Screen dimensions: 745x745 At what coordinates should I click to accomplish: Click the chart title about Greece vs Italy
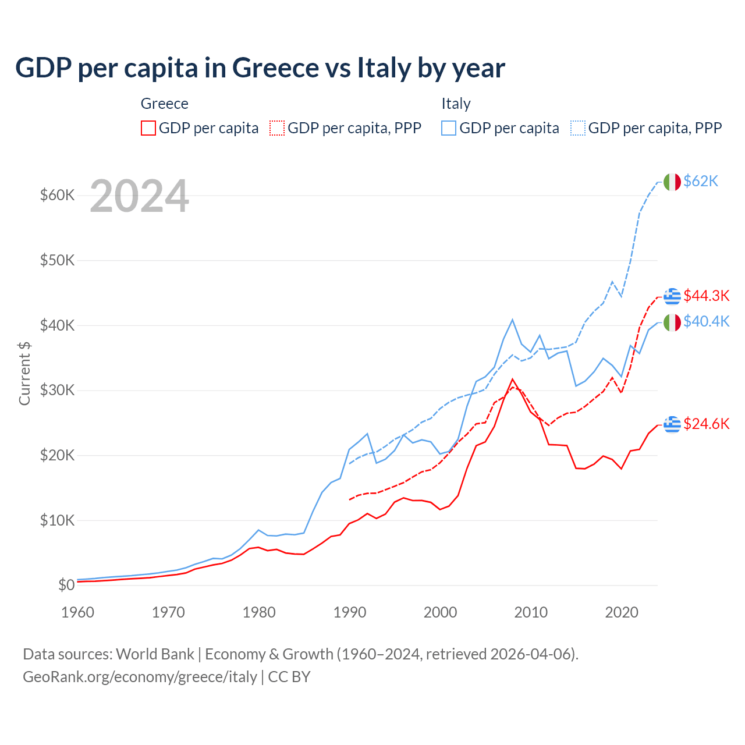260,68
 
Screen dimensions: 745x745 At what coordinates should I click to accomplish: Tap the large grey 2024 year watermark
139,196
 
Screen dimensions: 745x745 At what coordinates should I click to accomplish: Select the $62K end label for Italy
701,182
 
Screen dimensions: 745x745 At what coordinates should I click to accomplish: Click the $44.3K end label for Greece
706,296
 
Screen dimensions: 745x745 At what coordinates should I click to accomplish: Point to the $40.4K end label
706,321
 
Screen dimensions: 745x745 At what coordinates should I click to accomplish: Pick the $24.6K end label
706,424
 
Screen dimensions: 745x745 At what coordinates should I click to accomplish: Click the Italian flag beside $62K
672,182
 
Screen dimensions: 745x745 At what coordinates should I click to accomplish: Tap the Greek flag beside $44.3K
672,296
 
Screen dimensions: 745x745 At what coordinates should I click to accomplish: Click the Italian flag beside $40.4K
672,322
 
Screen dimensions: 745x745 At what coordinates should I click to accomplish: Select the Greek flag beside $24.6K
672,424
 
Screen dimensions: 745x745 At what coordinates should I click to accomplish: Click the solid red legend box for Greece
148,128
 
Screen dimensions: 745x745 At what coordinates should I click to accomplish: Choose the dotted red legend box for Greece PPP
277,128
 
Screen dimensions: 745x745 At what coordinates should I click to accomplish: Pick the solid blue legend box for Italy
449,128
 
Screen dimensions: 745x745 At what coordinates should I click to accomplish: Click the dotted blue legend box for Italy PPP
578,128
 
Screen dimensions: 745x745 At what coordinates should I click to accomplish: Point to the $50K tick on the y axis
57,260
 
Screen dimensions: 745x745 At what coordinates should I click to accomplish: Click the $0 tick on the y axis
66,585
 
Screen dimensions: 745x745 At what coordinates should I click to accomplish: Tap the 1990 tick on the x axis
350,612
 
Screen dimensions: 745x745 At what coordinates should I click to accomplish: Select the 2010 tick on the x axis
531,612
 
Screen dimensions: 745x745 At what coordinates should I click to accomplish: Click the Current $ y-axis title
24,374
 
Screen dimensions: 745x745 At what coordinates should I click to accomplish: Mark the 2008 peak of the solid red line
512,379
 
